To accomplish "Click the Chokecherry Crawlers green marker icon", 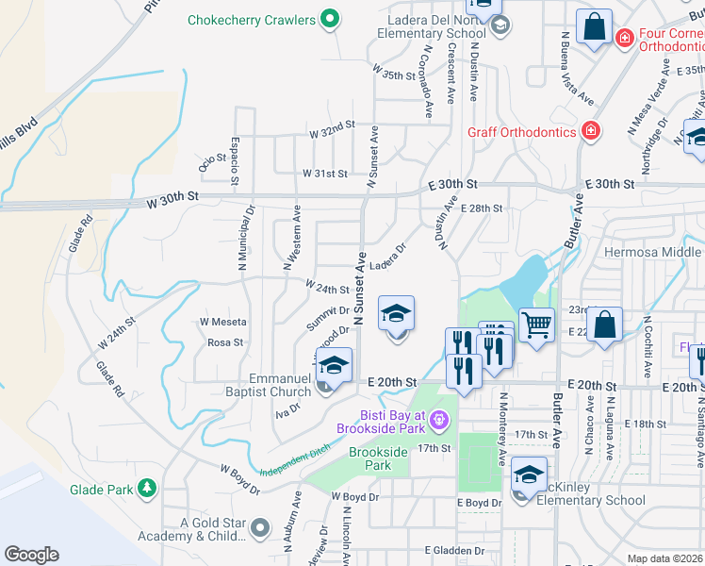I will coord(330,19).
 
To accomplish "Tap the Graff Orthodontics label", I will coord(521,131).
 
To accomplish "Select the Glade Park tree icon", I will coord(146,488).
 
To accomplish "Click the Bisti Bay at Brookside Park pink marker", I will coord(437,418).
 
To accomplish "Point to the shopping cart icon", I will coord(536,325).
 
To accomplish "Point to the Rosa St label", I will coord(225,342).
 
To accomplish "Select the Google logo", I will coord(31,555).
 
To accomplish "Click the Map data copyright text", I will coord(665,558).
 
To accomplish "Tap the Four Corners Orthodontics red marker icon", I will coord(623,38).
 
